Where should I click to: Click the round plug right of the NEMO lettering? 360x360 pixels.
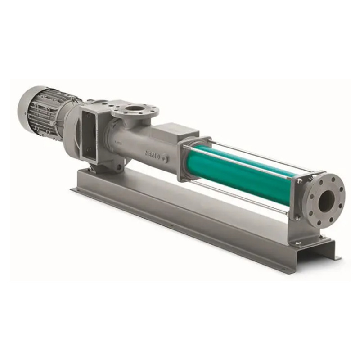pos(164,159)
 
